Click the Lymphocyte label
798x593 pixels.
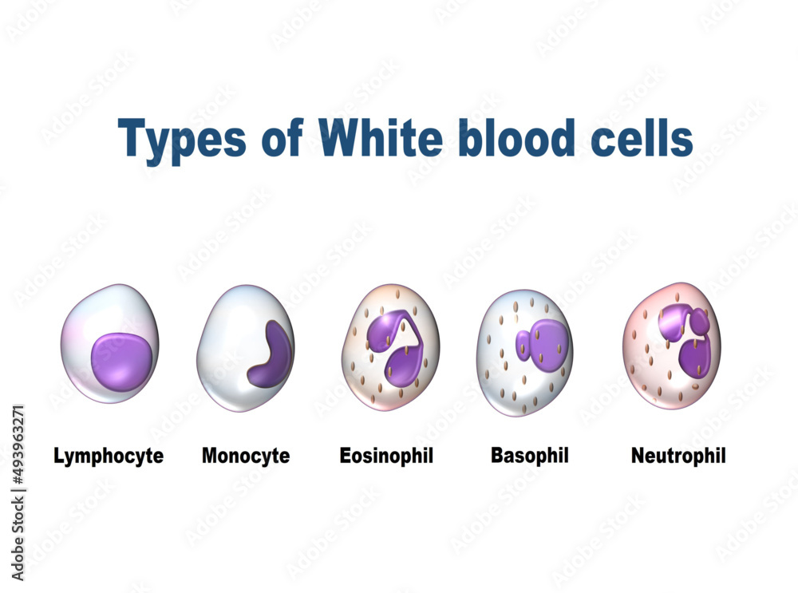(109, 457)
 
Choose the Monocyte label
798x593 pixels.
(246, 457)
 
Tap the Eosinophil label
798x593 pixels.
(386, 457)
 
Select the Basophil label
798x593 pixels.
(530, 457)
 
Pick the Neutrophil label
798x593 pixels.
(678, 457)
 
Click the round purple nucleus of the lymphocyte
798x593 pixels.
(121, 361)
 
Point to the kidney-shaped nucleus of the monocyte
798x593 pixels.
(271, 355)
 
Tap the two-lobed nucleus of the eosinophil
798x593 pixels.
(395, 343)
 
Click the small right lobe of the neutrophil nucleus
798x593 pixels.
(699, 321)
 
